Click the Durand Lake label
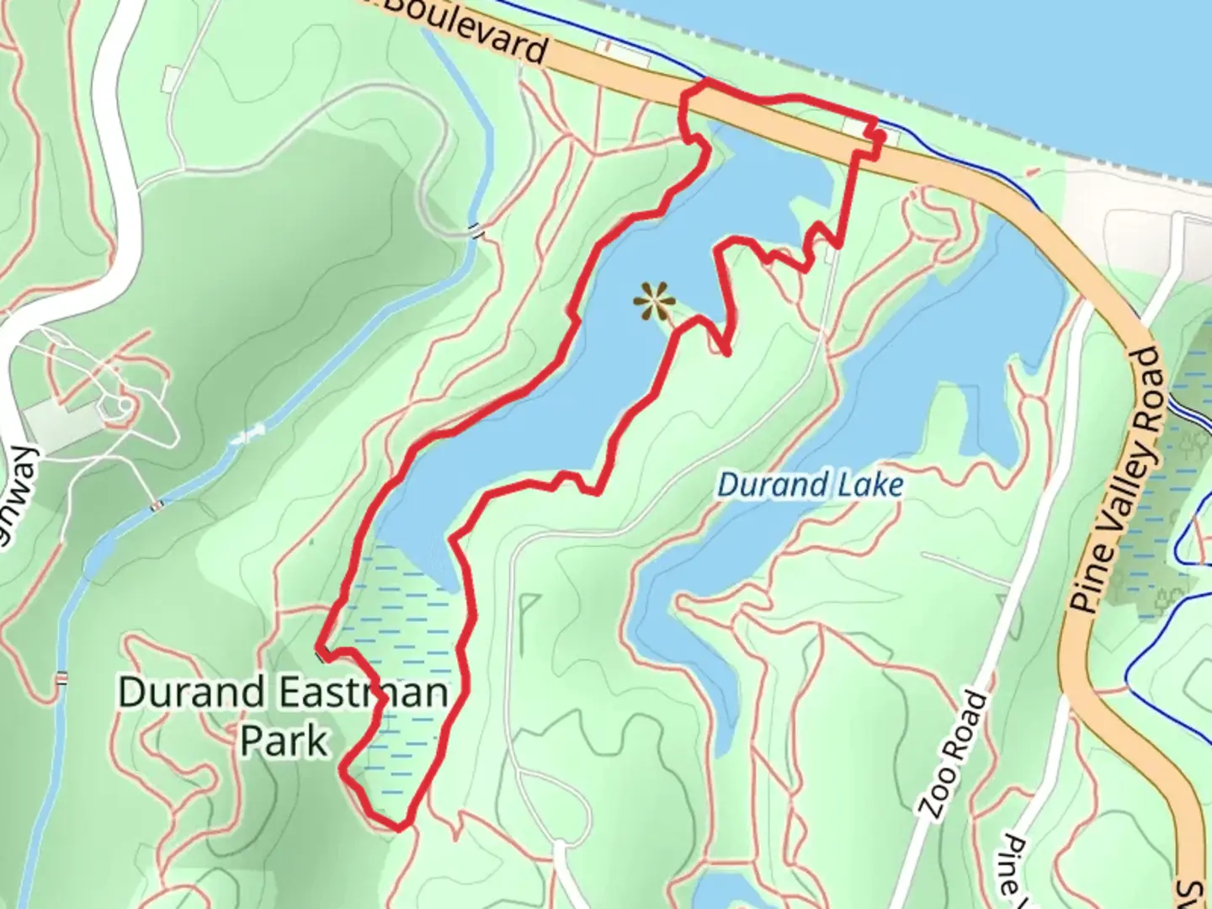810,486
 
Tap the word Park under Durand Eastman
284,742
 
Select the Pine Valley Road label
1116,480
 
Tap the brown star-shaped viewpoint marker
654,301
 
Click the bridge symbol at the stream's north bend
477,231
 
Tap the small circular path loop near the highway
125,407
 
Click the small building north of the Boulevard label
623,52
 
